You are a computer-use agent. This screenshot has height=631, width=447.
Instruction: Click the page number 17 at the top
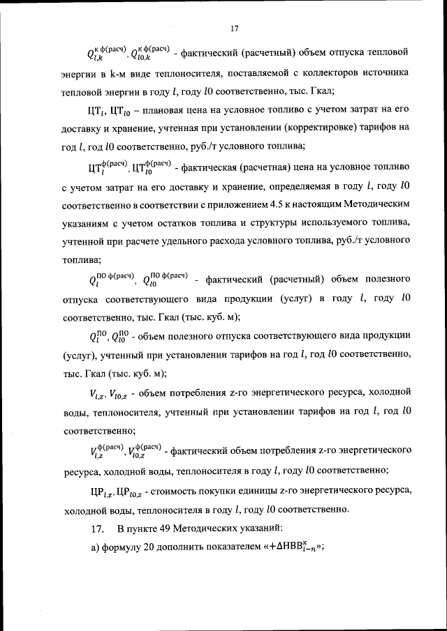[x=234, y=29]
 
